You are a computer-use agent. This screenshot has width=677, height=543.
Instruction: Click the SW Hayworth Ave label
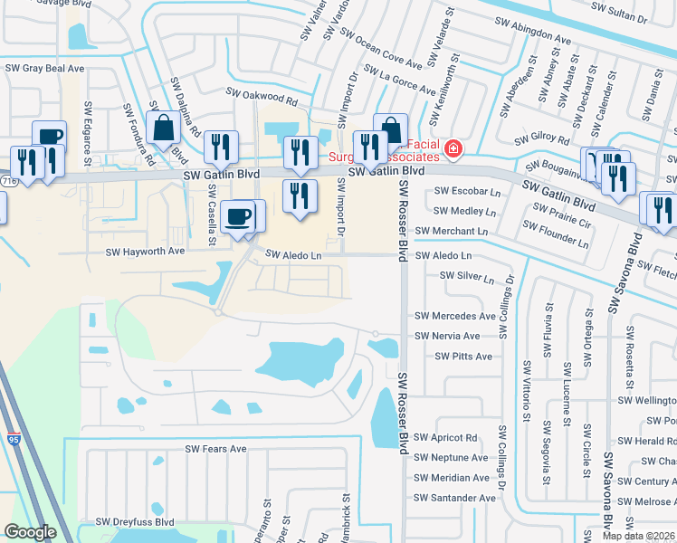(145, 252)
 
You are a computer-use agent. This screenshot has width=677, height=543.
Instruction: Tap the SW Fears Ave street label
(215, 449)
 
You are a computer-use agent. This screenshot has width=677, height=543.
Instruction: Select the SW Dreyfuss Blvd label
(138, 522)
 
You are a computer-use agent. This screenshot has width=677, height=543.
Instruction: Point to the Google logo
(30, 532)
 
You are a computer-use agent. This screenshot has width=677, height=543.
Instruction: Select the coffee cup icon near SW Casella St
(238, 216)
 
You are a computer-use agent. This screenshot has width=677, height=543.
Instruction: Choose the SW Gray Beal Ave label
(44, 68)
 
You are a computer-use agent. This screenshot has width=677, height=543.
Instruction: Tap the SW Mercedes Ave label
(455, 316)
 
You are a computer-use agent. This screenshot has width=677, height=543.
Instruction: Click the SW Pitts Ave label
(463, 357)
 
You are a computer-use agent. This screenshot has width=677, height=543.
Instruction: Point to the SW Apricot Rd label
(445, 438)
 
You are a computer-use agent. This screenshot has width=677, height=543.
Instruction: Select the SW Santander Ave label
(455, 498)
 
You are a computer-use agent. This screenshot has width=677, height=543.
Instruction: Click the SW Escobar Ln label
(467, 192)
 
